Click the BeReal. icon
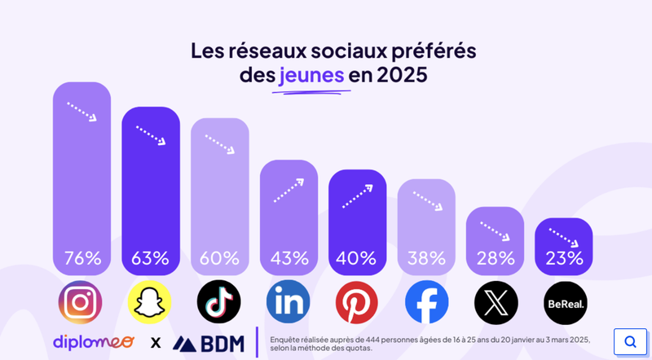coord(565,303)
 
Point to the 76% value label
coord(81,258)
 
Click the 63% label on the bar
coord(151,258)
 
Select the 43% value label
coord(289,258)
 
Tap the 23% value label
coord(565,258)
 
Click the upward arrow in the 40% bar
coord(357,196)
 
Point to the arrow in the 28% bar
coord(495,231)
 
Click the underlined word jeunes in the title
coord(311,77)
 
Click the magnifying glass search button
coord(629,341)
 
